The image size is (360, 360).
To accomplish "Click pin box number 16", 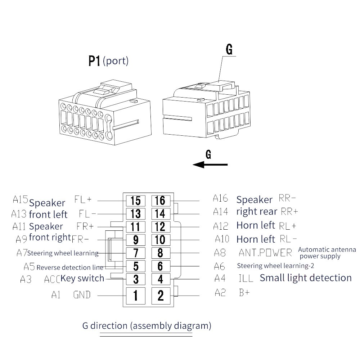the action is (x=161, y=201).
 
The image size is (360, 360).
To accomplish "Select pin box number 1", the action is (x=136, y=296).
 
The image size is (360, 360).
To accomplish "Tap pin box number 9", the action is (x=136, y=240).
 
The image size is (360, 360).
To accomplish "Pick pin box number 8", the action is (x=161, y=253).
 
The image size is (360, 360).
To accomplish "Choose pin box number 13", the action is (x=136, y=214).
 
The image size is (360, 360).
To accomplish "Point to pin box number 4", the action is (x=161, y=279).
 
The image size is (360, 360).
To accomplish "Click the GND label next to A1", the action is (x=82, y=295).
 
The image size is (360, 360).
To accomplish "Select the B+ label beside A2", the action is (x=244, y=293).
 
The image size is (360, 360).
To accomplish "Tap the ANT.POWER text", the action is (x=265, y=253).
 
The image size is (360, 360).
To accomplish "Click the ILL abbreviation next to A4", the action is (x=246, y=278).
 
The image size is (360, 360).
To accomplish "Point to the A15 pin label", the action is (x=20, y=199).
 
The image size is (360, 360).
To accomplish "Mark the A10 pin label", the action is (x=222, y=239).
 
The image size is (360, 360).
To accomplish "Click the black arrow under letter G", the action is (x=210, y=165).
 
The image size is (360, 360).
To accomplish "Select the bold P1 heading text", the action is (x=94, y=61).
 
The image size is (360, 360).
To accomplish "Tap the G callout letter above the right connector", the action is (x=229, y=49).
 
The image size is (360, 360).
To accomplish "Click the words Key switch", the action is (x=82, y=278).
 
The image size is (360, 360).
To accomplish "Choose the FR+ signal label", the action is (x=85, y=226).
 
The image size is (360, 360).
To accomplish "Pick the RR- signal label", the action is (x=287, y=198).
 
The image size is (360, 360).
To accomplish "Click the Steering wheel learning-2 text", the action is (x=275, y=266).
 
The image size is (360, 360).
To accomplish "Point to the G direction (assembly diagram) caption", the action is (x=147, y=326).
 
